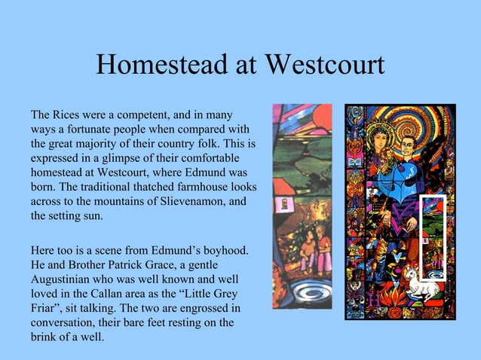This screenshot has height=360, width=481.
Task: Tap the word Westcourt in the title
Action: coord(317,66)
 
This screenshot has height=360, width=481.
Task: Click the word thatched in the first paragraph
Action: coord(146,187)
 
